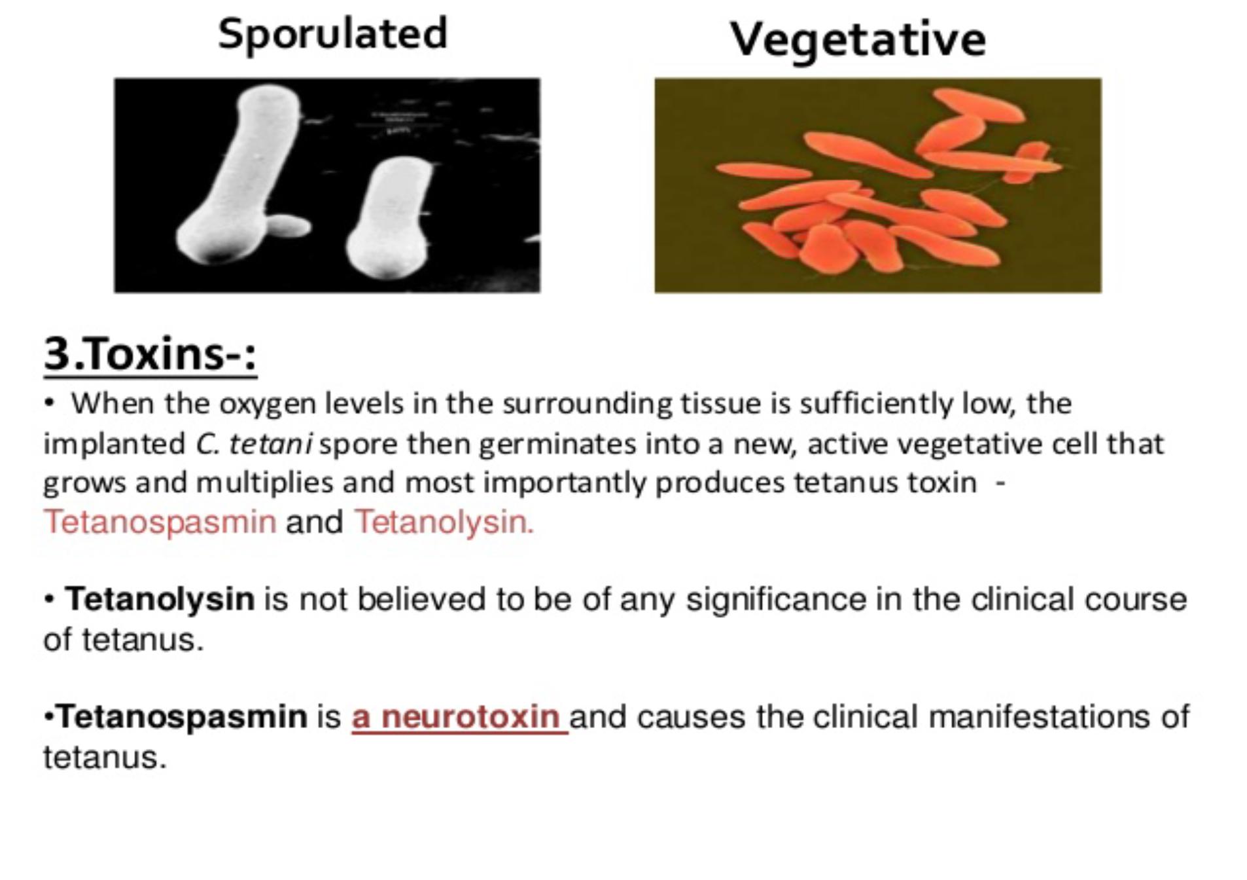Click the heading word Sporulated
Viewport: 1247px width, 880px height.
[x=332, y=34]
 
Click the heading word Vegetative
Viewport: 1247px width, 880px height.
[x=857, y=39]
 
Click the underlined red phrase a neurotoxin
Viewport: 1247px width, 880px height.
[x=459, y=716]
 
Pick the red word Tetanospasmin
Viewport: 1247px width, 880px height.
[x=160, y=522]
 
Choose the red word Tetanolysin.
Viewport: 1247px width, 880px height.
[x=444, y=522]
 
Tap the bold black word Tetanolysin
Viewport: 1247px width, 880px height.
[x=160, y=599]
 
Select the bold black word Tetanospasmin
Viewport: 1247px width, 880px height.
[x=183, y=716]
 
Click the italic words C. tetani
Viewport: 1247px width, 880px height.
[x=253, y=444]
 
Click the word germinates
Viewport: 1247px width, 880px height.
[x=557, y=444]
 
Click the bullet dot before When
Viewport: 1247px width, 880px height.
[x=48, y=403]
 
